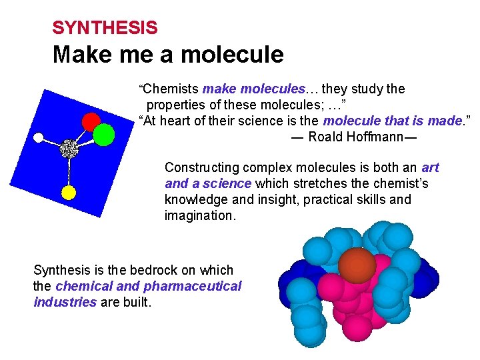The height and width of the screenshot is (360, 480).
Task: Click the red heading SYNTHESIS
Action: pos(105,28)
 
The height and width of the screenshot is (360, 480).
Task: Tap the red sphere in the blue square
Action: pos(91,121)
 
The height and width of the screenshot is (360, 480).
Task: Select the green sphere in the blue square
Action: pos(104,135)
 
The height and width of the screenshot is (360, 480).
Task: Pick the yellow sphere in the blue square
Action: pos(69,193)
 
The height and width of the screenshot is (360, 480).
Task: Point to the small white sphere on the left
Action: pos(39,138)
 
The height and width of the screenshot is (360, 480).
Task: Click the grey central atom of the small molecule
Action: pos(68,149)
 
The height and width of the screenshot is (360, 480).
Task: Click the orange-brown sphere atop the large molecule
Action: pos(357,265)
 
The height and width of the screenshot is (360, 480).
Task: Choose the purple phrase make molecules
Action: pos(253,89)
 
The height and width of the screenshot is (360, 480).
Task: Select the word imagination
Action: pos(199,215)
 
